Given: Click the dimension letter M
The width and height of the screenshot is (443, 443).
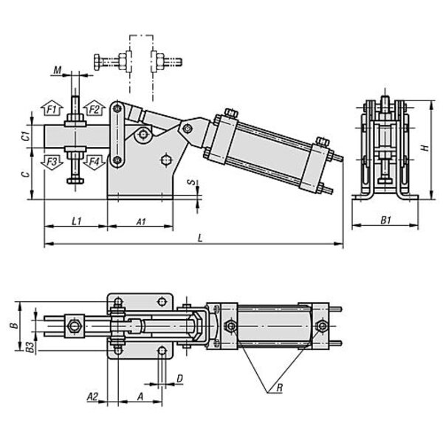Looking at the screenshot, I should [x=57, y=72].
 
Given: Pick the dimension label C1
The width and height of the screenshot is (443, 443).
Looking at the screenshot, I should [x=24, y=135].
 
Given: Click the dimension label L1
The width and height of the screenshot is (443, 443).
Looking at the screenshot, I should [x=76, y=221].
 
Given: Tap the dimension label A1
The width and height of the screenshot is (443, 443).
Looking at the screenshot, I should [x=141, y=221].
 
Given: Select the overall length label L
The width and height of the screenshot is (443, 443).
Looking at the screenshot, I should [x=201, y=237].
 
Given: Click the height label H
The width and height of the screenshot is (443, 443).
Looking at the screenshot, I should [x=424, y=148].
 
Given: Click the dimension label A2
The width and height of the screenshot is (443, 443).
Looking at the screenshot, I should [x=92, y=396].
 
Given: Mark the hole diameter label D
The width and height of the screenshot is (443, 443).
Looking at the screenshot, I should [x=179, y=378].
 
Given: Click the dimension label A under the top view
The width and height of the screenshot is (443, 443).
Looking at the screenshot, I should [x=141, y=396].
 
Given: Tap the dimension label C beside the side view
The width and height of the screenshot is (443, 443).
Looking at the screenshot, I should [x=24, y=174].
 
